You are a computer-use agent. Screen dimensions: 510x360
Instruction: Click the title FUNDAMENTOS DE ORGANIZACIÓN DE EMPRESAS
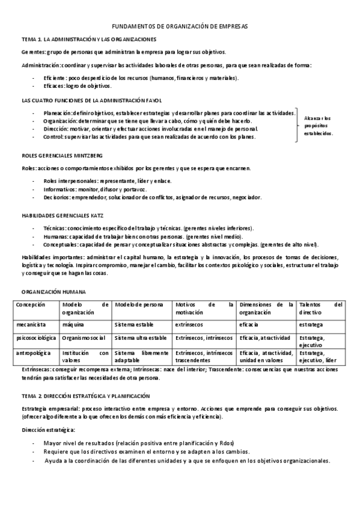180,27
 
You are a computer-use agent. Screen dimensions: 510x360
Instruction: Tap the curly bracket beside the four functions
297,124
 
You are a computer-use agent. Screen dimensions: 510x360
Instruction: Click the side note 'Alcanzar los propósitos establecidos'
318,125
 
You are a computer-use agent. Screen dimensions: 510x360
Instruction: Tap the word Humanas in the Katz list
55,237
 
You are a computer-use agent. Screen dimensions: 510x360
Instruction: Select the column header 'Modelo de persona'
139,304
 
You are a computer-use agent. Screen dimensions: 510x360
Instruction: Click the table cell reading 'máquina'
73,324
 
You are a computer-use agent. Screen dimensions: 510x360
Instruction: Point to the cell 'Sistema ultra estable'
141,338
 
